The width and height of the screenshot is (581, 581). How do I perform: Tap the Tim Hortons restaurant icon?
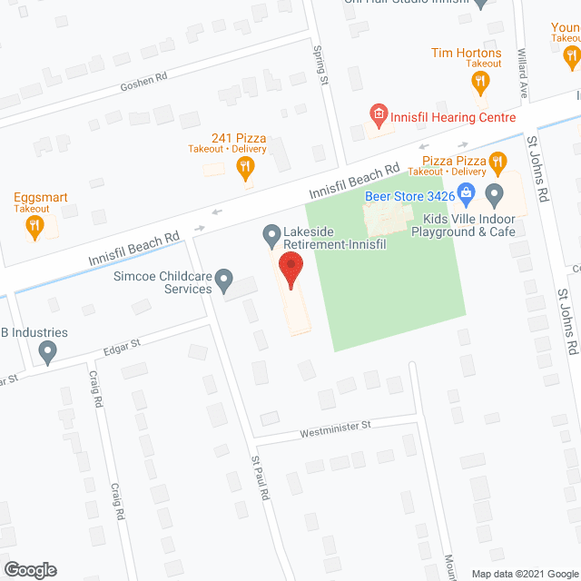479,84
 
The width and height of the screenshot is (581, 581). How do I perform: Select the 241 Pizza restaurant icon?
244,166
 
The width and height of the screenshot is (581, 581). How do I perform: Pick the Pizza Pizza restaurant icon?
497,163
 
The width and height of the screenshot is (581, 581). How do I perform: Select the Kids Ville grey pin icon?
495,193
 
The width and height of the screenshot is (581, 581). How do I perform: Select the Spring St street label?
320,66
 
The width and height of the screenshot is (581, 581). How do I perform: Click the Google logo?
29,569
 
